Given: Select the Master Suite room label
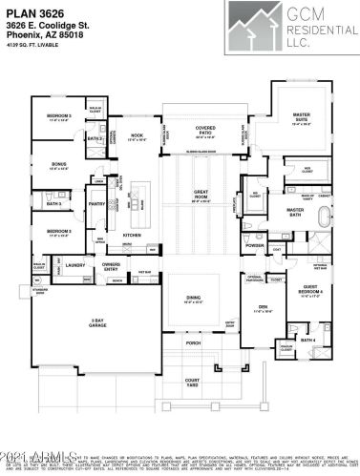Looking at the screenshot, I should [301, 116].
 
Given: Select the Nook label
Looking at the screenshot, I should [137, 135].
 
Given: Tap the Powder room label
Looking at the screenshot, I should [255, 245].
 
